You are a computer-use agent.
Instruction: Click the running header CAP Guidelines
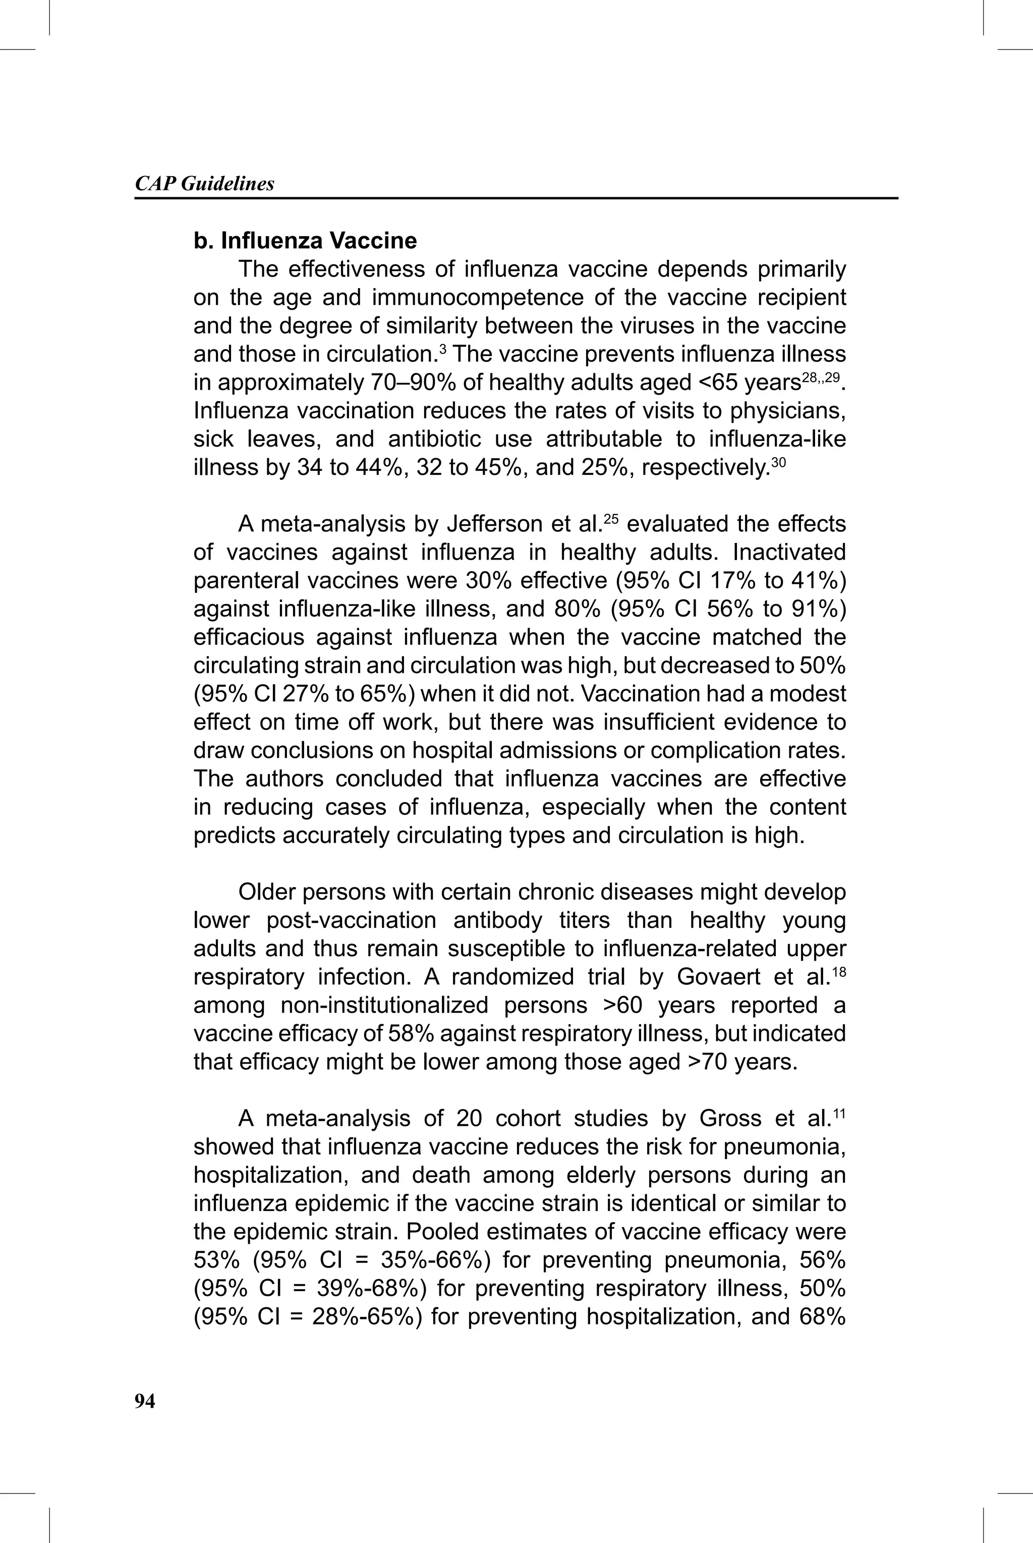coord(204,184)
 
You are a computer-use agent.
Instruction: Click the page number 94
coord(145,1402)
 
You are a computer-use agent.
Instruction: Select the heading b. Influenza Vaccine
coord(305,241)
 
